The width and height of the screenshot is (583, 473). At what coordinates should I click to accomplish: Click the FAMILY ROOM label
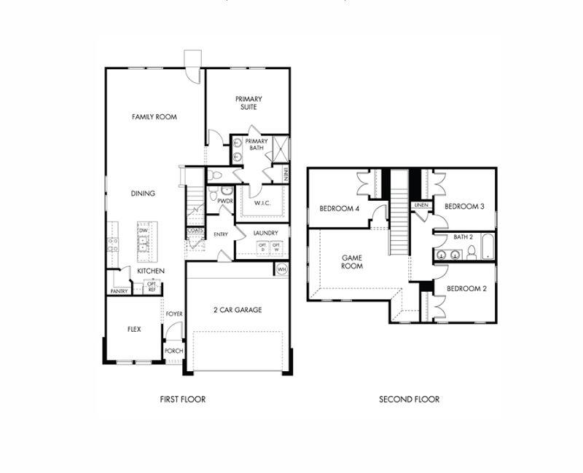pyautogui.click(x=154, y=116)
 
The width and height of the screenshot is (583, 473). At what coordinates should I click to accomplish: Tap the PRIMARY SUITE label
pyautogui.click(x=248, y=103)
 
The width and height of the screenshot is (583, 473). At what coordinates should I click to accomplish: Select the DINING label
pyautogui.click(x=143, y=194)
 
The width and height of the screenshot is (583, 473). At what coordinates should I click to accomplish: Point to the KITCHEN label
pyautogui.click(x=151, y=271)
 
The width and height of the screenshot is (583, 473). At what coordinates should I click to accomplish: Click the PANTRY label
pyautogui.click(x=119, y=291)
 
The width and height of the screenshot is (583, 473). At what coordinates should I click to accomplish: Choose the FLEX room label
pyautogui.click(x=134, y=329)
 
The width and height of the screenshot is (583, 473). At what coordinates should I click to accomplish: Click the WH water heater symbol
pyautogui.click(x=281, y=269)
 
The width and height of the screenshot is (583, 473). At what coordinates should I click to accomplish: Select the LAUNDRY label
pyautogui.click(x=266, y=233)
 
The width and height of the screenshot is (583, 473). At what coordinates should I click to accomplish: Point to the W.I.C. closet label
pyautogui.click(x=262, y=204)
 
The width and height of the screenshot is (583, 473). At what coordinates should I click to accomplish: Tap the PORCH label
pyautogui.click(x=173, y=351)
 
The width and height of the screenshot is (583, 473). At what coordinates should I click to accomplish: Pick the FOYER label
pyautogui.click(x=173, y=314)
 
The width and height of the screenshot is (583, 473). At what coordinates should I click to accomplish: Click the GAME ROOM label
pyautogui.click(x=353, y=262)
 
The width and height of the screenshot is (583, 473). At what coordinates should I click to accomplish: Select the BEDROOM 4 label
pyautogui.click(x=339, y=209)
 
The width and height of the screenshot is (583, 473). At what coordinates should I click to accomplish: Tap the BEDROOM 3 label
pyautogui.click(x=464, y=206)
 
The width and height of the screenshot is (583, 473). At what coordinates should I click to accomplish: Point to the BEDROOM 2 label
pyautogui.click(x=466, y=288)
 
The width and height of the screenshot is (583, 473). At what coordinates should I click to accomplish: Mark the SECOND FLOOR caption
pyautogui.click(x=409, y=399)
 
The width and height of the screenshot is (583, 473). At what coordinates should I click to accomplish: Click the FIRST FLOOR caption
pyautogui.click(x=182, y=399)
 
